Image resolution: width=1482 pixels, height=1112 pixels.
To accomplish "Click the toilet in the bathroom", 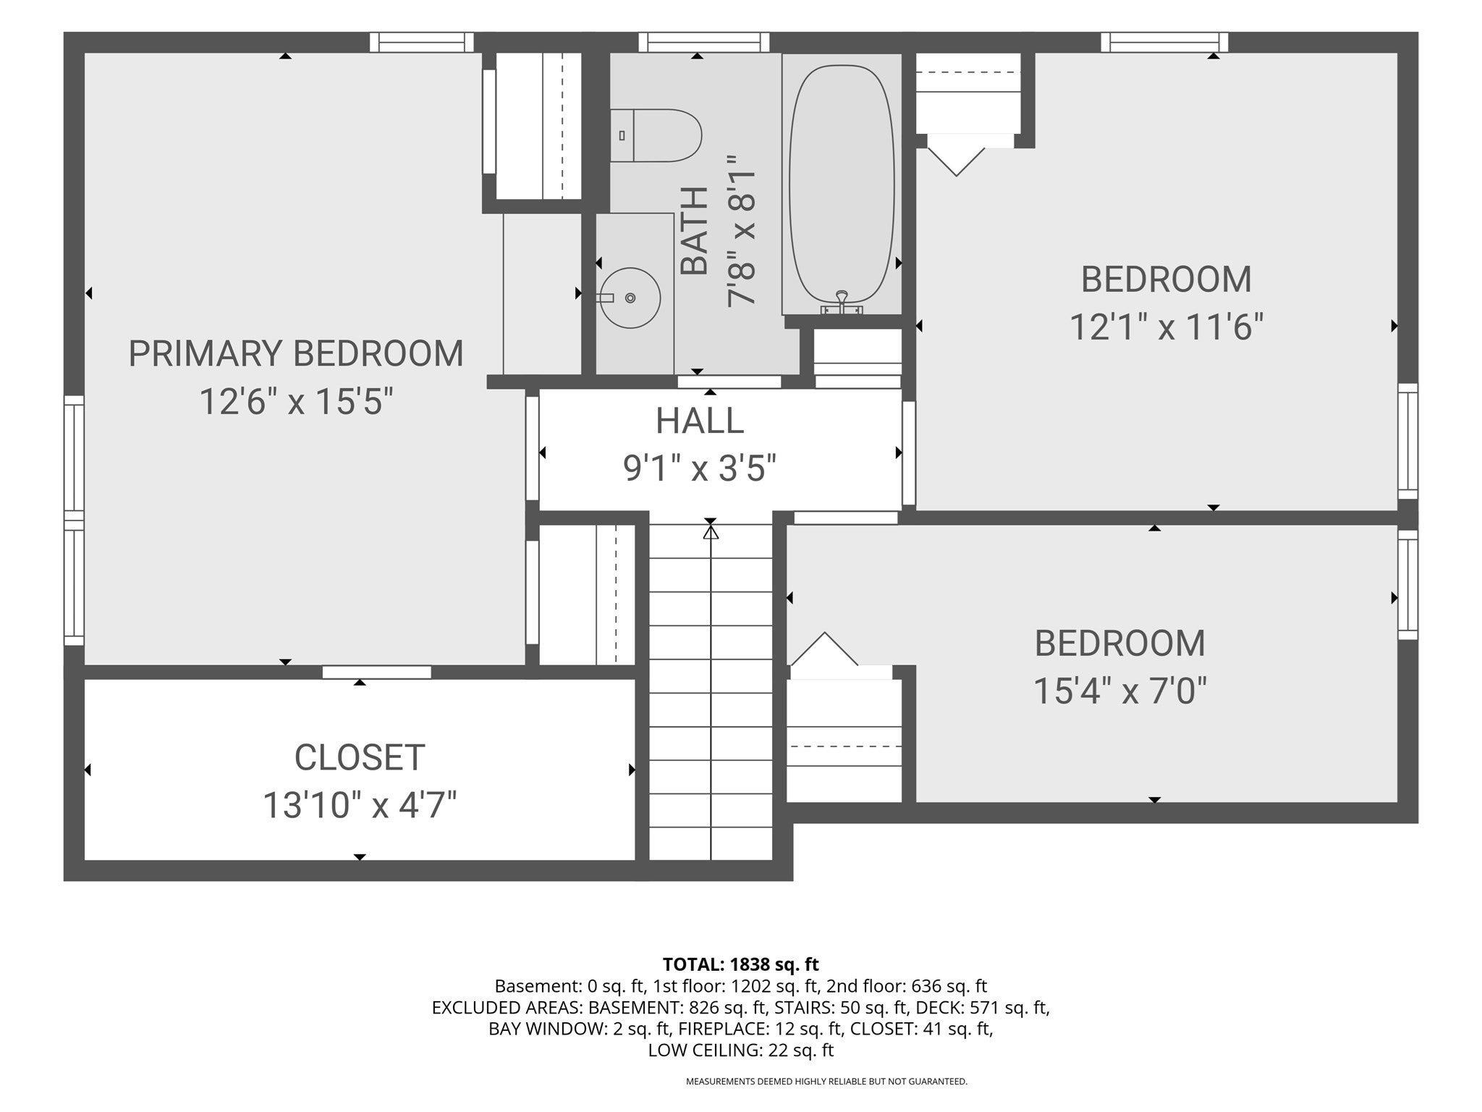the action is pyautogui.click(x=656, y=135).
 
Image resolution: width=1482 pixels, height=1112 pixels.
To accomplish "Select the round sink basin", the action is pyautogui.click(x=630, y=298).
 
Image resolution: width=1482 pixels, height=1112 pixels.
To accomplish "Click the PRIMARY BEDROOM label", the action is pyautogui.click(x=296, y=353).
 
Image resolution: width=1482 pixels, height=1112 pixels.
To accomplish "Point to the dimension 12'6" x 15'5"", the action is pyautogui.click(x=296, y=402).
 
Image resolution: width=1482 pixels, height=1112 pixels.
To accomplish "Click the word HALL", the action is pyautogui.click(x=700, y=421).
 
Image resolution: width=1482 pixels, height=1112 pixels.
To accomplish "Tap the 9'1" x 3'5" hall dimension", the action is pyautogui.click(x=700, y=468).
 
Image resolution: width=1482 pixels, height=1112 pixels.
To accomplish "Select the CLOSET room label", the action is pyautogui.click(x=360, y=757).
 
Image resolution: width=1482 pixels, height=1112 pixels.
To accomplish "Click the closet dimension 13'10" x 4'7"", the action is pyautogui.click(x=360, y=805).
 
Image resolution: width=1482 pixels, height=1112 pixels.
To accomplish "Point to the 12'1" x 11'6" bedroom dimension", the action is pyautogui.click(x=1166, y=327).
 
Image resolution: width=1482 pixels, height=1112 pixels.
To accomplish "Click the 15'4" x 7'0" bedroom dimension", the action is pyautogui.click(x=1120, y=691).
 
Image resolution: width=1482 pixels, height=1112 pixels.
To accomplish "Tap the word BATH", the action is pyautogui.click(x=695, y=231).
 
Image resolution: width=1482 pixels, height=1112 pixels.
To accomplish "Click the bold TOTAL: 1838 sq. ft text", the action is pyautogui.click(x=740, y=964).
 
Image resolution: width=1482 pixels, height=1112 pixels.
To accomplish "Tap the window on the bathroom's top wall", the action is pyautogui.click(x=704, y=42).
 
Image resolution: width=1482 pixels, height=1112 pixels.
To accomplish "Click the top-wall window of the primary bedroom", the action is pyautogui.click(x=422, y=42).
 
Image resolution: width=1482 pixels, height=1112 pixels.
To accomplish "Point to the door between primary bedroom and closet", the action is pyautogui.click(x=377, y=672).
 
